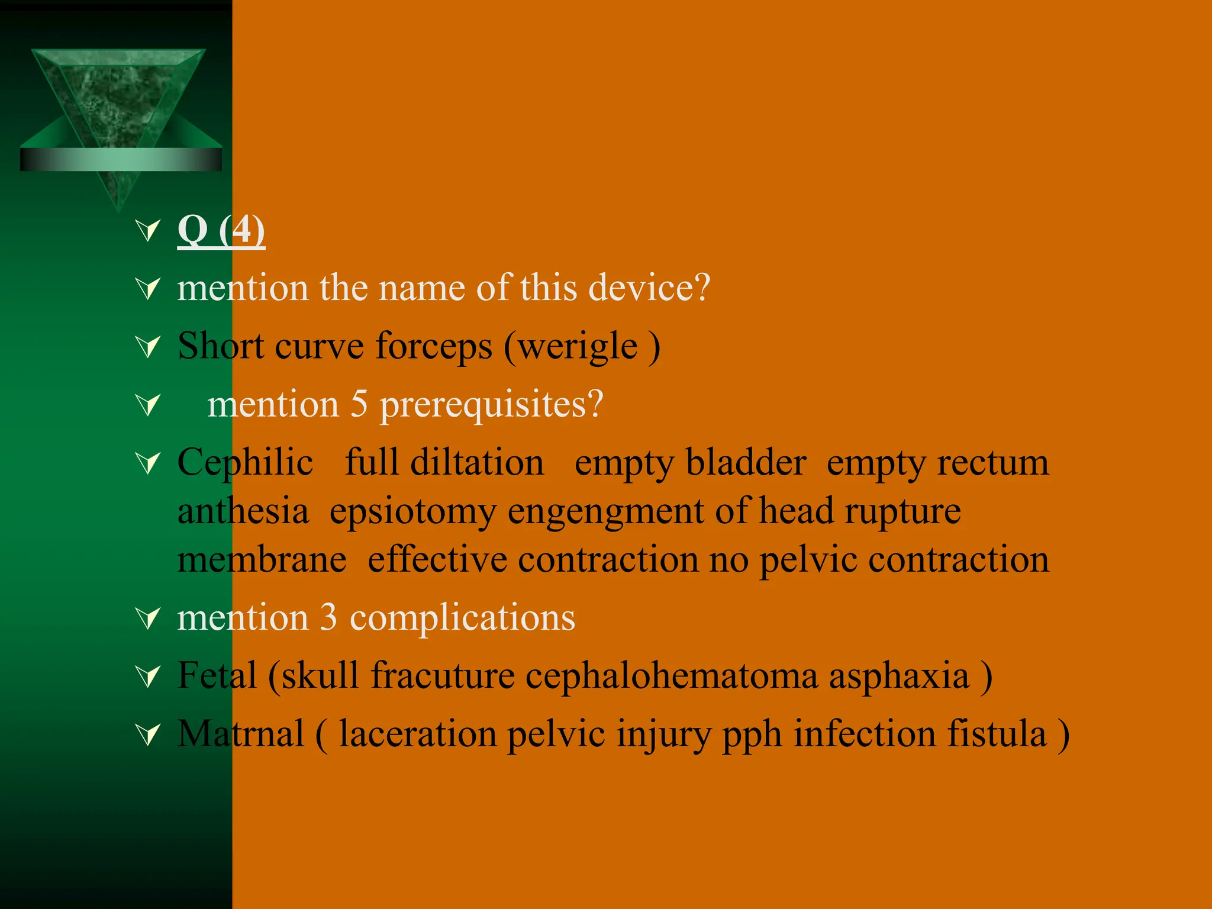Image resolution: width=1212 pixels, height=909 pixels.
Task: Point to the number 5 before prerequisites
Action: coord(359,405)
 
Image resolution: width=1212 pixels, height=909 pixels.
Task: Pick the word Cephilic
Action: coord(245,463)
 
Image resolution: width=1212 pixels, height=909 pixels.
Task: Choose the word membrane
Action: coord(262,560)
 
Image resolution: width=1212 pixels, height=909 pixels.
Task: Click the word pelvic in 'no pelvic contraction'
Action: coord(808,560)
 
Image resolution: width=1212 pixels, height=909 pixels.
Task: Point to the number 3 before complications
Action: coord(328,618)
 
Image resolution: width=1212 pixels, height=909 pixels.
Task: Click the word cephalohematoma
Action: coord(672,676)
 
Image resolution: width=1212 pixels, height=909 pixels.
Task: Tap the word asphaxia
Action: coord(898,676)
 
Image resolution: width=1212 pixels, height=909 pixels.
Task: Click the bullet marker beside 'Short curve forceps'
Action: coord(148,347)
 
